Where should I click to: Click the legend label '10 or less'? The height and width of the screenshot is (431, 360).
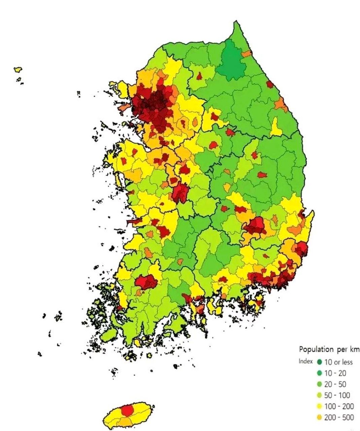[x=338, y=362]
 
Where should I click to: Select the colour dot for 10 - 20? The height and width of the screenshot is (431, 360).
[x=319, y=373]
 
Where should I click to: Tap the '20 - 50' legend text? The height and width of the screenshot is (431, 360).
[x=335, y=384]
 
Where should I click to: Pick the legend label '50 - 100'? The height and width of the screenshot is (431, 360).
[x=337, y=395]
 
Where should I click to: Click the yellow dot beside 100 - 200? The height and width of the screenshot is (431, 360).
[x=319, y=406]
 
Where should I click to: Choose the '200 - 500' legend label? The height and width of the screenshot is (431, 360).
[x=339, y=418]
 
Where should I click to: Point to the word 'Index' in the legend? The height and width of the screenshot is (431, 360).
[x=305, y=361]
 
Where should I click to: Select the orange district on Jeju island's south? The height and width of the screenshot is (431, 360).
[x=125, y=422]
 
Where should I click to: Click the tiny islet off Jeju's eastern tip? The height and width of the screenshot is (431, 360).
[x=154, y=407]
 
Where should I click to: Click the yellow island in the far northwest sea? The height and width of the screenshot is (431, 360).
[x=18, y=70]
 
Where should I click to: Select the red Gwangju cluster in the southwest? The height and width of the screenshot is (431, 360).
[x=146, y=281]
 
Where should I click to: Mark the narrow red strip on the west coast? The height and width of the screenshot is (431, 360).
[x=134, y=222]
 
